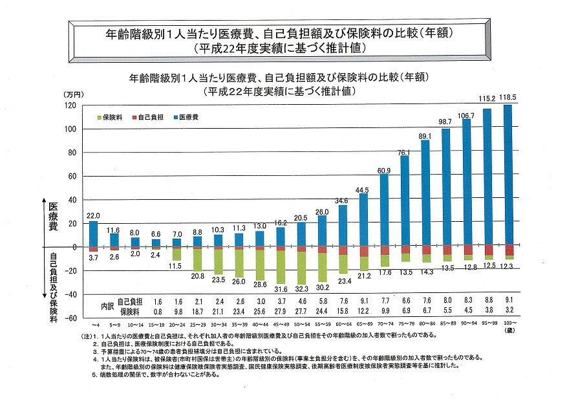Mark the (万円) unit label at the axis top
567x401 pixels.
pyautogui.click(x=73, y=96)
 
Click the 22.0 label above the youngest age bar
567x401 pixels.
pyautogui.click(x=93, y=215)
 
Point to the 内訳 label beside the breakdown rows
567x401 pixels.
pyautogui.click(x=108, y=306)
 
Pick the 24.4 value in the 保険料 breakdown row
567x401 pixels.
pyautogui.click(x=321, y=310)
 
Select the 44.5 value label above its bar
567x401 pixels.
pyautogui.click(x=363, y=190)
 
